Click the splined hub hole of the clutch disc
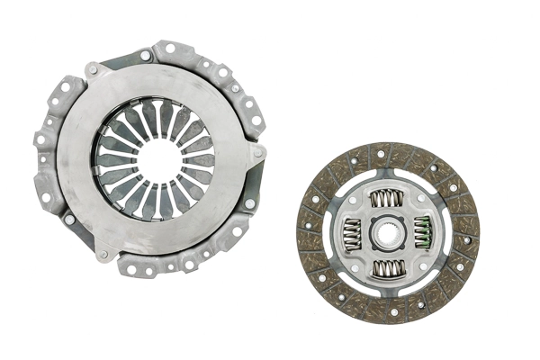[388, 232]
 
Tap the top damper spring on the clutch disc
[388, 198]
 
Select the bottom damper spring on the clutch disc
[388, 267]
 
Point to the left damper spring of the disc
[352, 232]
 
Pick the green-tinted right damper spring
[423, 232]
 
